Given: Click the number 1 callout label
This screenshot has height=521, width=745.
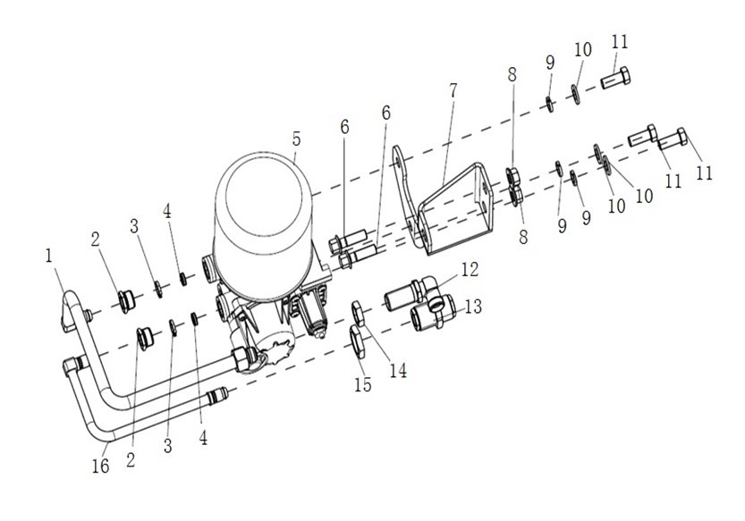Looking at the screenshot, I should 49,256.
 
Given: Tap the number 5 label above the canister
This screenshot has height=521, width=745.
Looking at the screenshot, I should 296,139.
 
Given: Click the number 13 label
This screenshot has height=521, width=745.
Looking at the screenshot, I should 472,307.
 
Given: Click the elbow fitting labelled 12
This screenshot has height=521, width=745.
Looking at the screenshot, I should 411,294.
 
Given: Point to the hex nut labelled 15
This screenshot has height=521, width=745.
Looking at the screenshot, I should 358,339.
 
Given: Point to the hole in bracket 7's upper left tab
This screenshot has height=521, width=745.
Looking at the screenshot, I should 394,164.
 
